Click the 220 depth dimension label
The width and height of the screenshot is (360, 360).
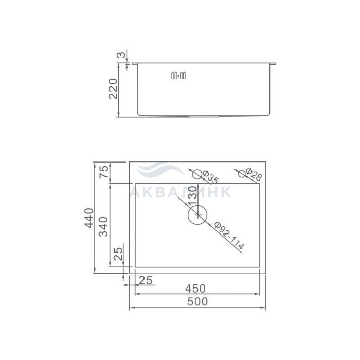pos(113,88)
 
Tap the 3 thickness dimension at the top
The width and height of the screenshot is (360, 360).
pos(122,55)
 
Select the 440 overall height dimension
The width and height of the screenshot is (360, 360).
pos(89,218)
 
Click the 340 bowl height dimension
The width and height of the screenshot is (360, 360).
pos(103,226)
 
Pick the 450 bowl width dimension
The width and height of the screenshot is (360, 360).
pos(195,289)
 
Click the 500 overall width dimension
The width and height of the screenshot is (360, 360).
pos(197,301)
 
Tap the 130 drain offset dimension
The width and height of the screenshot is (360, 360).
pos(192,195)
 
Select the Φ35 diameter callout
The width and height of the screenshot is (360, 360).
pos(210,177)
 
